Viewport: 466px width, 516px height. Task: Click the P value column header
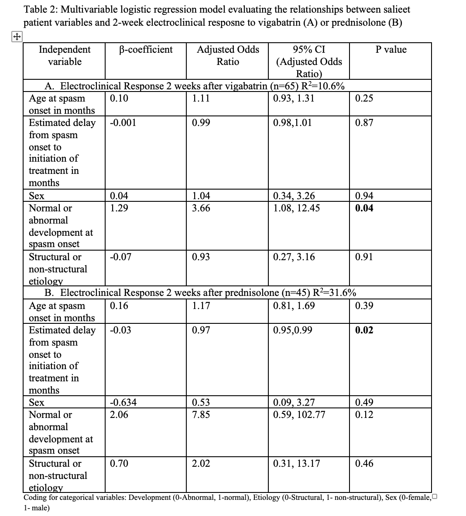[391, 50]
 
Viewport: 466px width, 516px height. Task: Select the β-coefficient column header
[146, 50]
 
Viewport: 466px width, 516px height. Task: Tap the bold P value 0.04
[364, 208]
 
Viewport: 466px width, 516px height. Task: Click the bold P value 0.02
[364, 330]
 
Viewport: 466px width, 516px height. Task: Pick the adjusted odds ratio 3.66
[201, 208]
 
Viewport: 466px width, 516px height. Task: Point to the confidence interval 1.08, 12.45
[296, 208]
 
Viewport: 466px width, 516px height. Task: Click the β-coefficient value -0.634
[123, 402]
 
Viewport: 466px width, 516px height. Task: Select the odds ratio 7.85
[201, 414]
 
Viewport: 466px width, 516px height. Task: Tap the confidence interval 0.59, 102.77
[299, 414]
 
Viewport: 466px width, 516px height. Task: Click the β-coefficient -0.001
[123, 123]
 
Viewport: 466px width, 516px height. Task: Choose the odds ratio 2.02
[201, 463]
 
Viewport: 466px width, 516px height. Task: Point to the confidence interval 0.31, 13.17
[296, 463]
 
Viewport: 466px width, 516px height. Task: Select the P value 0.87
[364, 123]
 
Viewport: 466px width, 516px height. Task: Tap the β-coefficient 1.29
[119, 208]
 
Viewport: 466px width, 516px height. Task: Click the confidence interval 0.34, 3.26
[294, 196]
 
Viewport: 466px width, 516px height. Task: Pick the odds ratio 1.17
[201, 306]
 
